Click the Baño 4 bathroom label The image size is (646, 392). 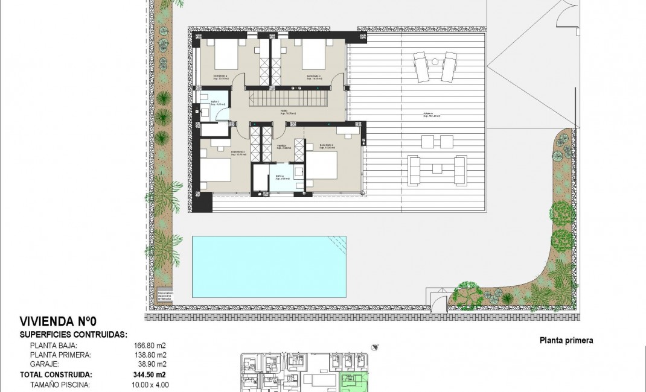point(280,177)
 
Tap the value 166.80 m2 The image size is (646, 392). point(150,346)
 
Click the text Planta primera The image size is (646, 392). point(566,341)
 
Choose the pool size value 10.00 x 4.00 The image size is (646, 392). point(150,384)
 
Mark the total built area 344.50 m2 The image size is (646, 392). point(150,375)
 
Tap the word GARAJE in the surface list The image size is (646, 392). point(44,364)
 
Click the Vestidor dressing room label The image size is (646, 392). point(281,145)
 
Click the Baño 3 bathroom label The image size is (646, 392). point(214,103)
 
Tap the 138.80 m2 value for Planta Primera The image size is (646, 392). point(150,355)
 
